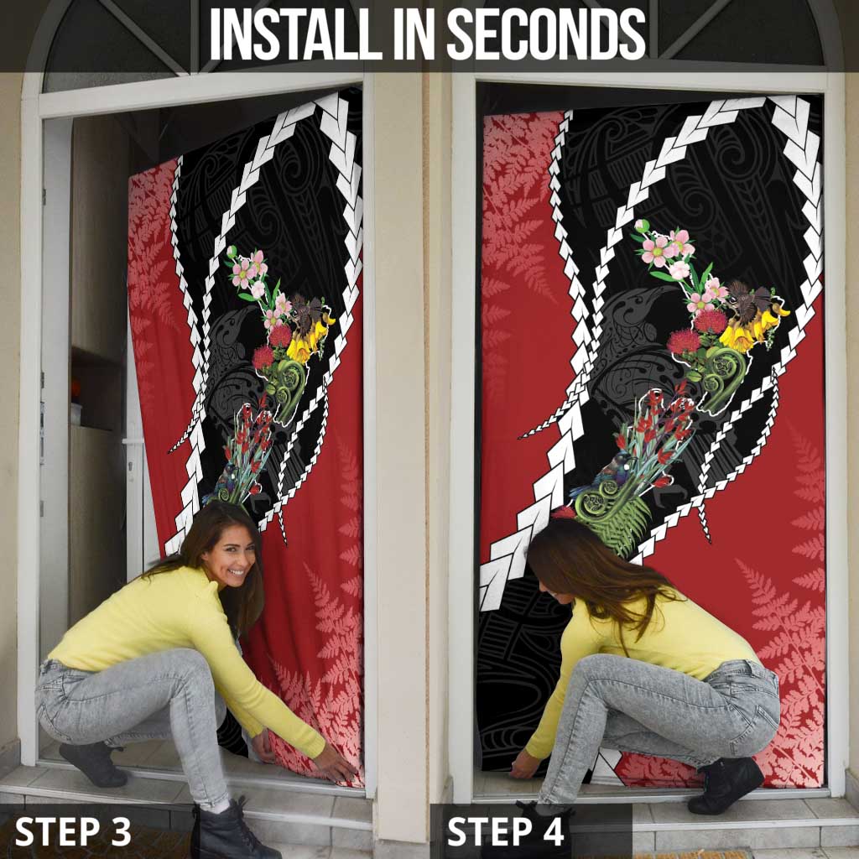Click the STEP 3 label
[x=73, y=831]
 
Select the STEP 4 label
[x=506, y=831]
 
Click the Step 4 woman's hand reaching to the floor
[x=524, y=766]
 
